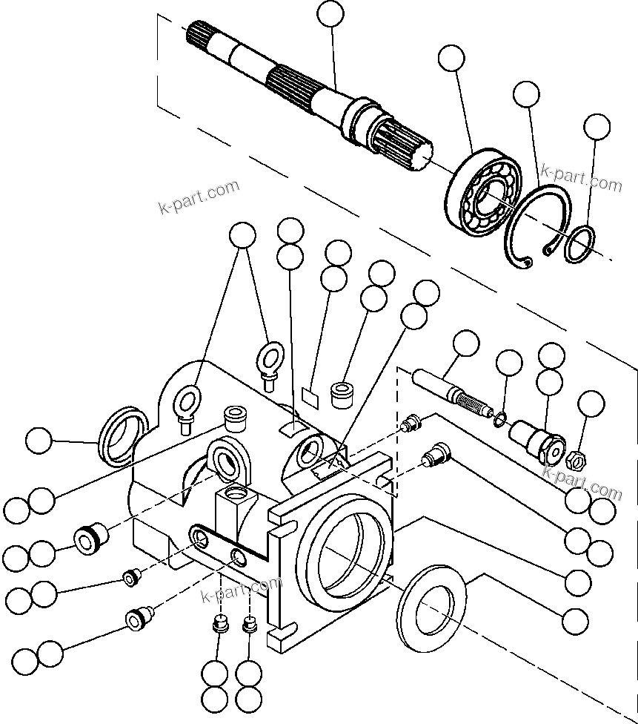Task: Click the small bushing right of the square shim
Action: pyautogui.click(x=342, y=394)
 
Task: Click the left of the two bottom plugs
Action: pyautogui.click(x=219, y=624)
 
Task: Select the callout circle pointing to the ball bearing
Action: pyautogui.click(x=451, y=57)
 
